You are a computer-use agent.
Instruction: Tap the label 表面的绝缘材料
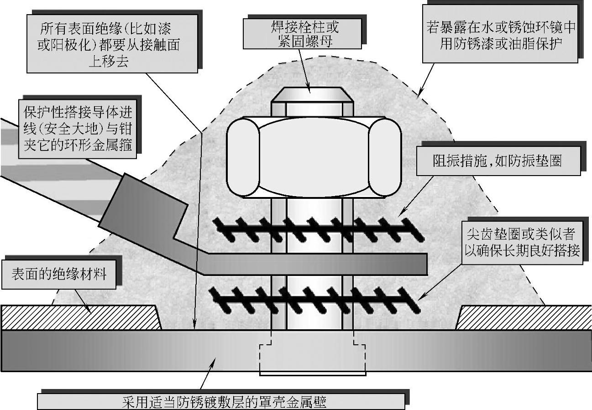coord(58,275)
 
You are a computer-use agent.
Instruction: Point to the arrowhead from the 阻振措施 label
coord(400,214)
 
